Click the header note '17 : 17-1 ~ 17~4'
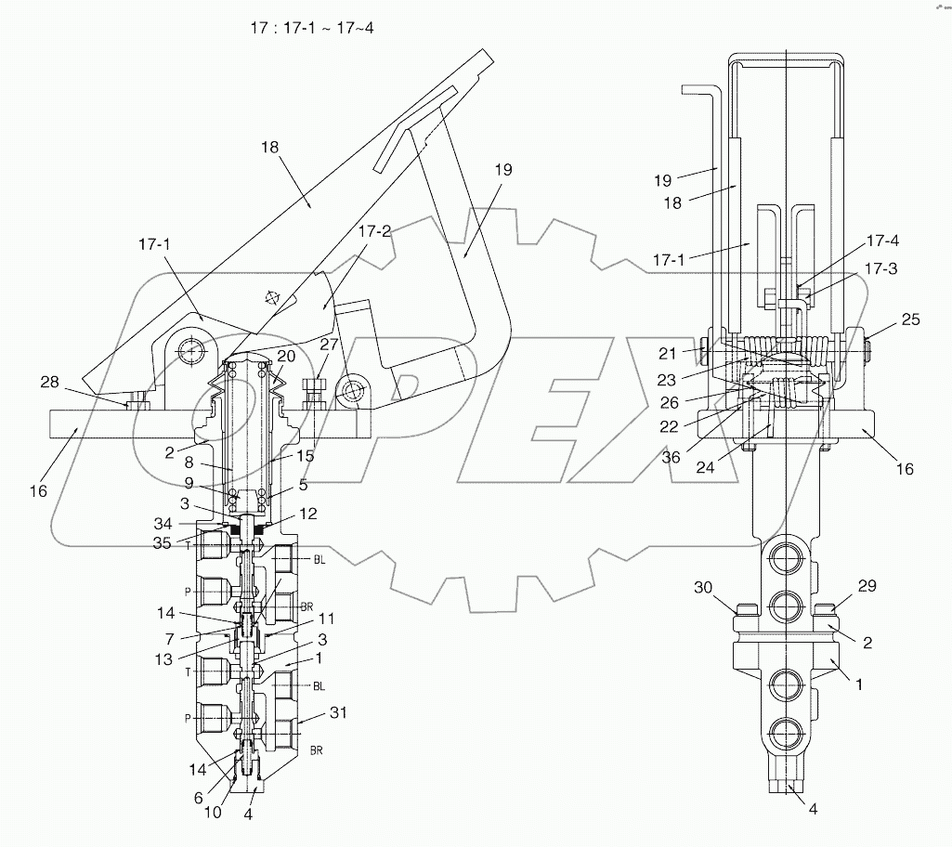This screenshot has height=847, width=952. click(x=311, y=28)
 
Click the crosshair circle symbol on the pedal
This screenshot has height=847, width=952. click(x=272, y=298)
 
